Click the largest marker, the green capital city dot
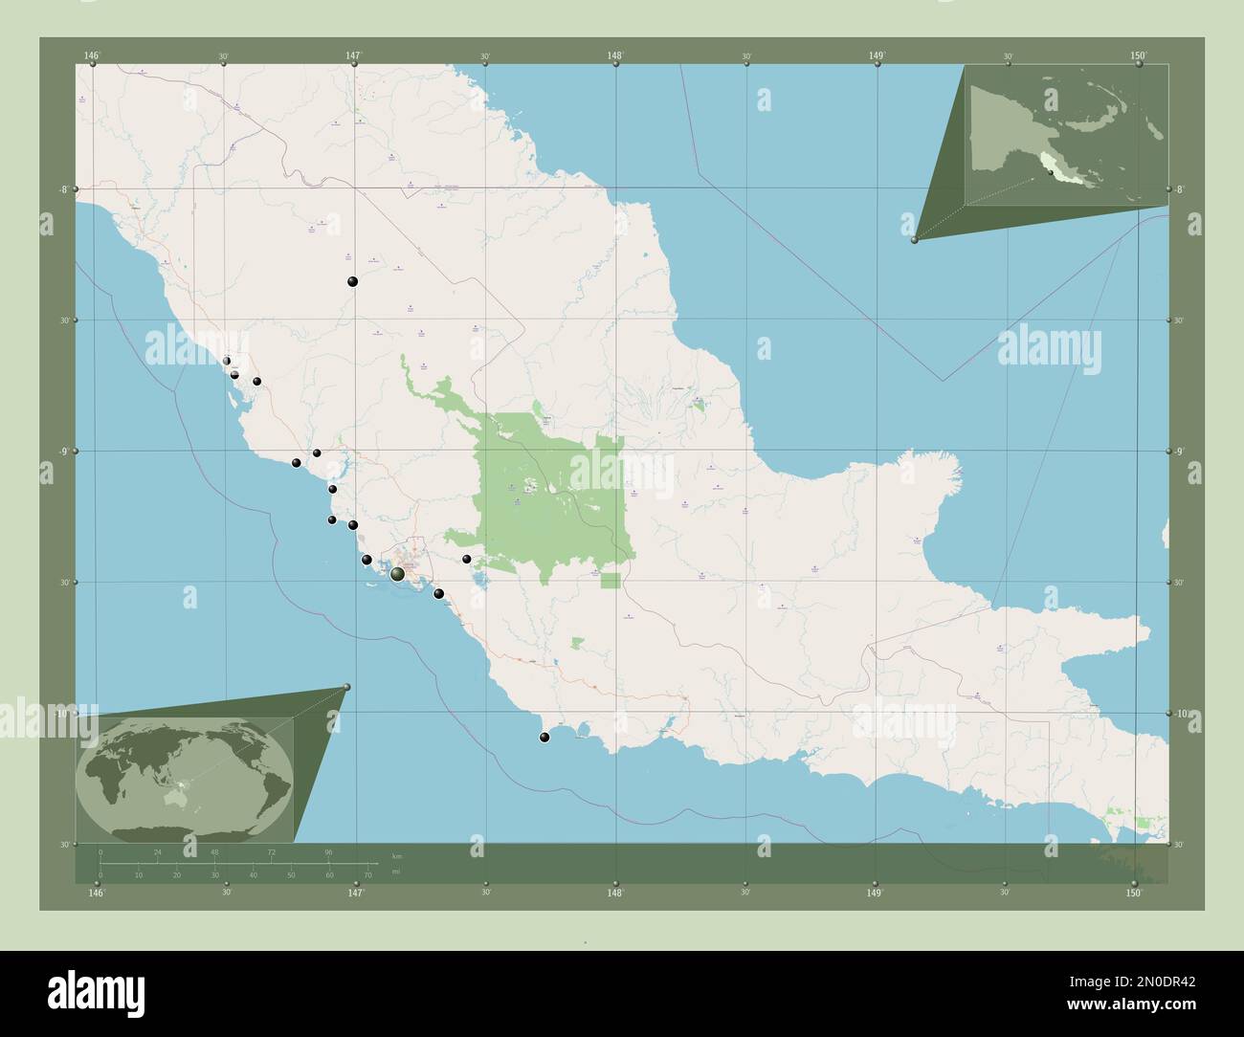(397, 573)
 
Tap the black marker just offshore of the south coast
(545, 737)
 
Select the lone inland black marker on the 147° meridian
(353, 281)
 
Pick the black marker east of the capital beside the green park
(467, 559)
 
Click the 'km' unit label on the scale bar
(396, 855)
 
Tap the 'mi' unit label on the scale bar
(396, 872)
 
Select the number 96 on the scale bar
(328, 851)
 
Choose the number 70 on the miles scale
(367, 874)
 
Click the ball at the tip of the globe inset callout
(346, 687)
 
